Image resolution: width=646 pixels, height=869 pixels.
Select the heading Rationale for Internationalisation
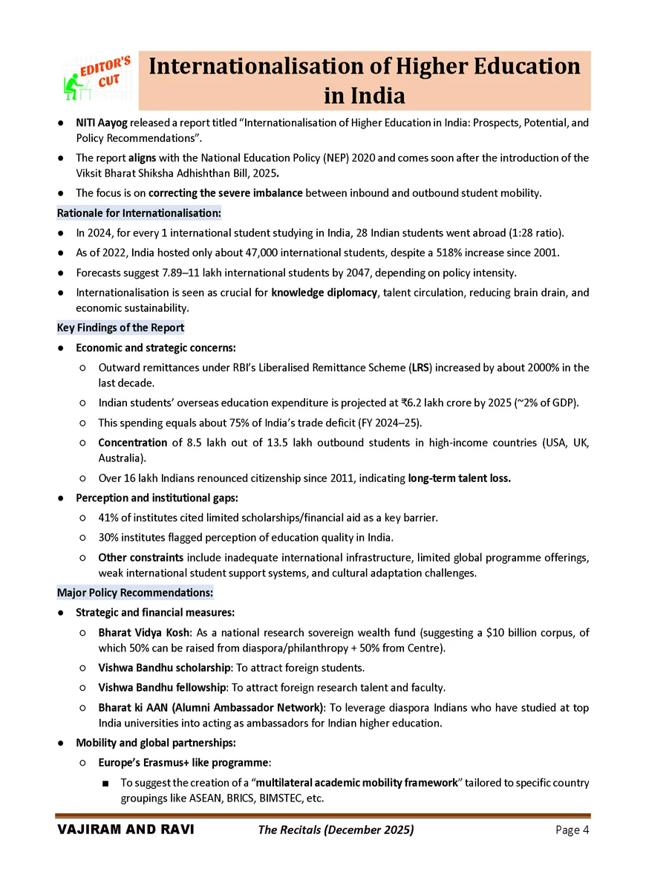(x=139, y=214)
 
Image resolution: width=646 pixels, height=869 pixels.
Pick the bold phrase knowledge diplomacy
(x=324, y=292)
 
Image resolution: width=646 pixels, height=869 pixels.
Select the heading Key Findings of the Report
(x=120, y=328)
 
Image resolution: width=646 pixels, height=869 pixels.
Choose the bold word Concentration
(x=132, y=443)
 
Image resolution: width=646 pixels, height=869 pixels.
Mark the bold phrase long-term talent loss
(x=459, y=478)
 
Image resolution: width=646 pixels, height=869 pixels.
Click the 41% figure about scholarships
(x=108, y=517)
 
